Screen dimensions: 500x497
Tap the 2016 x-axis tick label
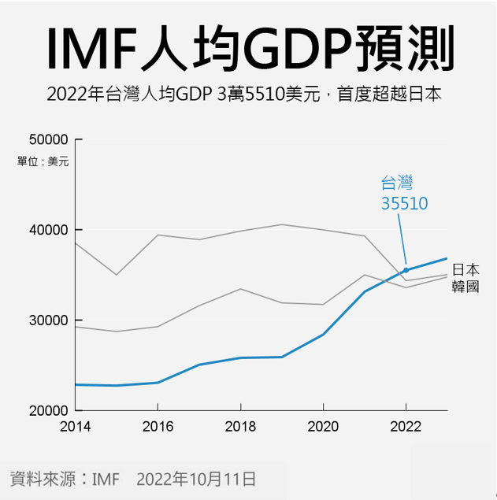tap(158, 427)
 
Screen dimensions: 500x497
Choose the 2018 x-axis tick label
tap(241, 427)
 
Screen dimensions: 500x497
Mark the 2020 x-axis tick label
tap(323, 427)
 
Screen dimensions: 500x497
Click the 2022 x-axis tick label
tap(406, 427)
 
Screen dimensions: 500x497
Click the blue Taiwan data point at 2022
tap(406, 270)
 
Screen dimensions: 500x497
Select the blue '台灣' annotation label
tap(397, 184)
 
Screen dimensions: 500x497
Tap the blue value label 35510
tap(404, 203)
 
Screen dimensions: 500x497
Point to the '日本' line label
tap(465, 269)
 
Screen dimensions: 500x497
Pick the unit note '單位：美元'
tap(43, 161)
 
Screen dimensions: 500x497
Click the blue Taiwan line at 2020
tap(323, 335)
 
